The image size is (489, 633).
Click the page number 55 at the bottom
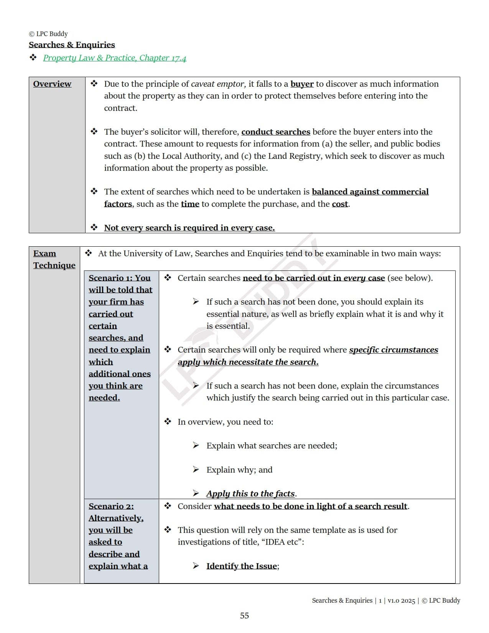244,616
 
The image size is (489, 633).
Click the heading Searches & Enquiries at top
72,45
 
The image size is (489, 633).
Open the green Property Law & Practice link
114,58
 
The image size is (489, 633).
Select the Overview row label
52,84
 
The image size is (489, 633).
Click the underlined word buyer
302,84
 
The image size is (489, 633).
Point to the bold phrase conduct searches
275,132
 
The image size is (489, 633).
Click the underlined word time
190,204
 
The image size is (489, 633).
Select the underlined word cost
340,204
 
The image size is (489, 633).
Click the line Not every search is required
189,228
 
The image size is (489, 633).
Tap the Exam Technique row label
54,259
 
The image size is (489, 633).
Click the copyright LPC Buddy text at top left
48,34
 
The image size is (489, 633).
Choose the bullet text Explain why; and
239,470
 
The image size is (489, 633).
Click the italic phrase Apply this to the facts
250,494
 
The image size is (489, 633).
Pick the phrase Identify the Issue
242,566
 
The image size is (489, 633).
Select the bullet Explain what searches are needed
272,446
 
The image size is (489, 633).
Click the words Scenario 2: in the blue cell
111,506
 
